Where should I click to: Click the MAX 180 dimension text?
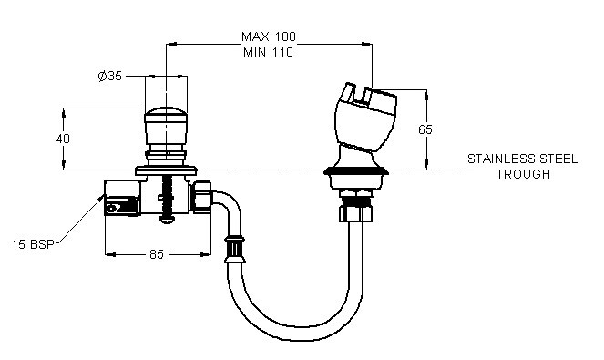(x=269, y=36)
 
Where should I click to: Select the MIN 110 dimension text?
(x=268, y=52)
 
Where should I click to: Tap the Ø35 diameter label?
(x=110, y=76)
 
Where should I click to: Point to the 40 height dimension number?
(x=63, y=139)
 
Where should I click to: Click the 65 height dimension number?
(x=425, y=129)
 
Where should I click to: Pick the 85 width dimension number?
(x=157, y=254)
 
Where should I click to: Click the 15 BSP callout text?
(x=33, y=244)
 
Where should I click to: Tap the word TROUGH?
(x=523, y=174)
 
